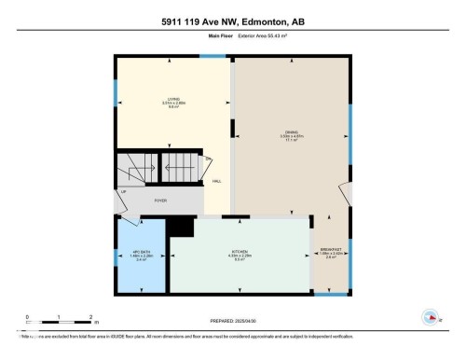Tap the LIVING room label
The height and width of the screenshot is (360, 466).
click(x=172, y=102)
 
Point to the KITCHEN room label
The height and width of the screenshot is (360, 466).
click(x=239, y=253)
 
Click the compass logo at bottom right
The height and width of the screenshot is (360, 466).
click(x=431, y=317)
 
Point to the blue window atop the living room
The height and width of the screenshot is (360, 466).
click(x=213, y=57)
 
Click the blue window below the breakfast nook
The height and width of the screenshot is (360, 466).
click(x=329, y=294)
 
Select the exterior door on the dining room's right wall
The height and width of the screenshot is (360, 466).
click(x=346, y=196)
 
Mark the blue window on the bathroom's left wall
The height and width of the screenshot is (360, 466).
click(x=116, y=254)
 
